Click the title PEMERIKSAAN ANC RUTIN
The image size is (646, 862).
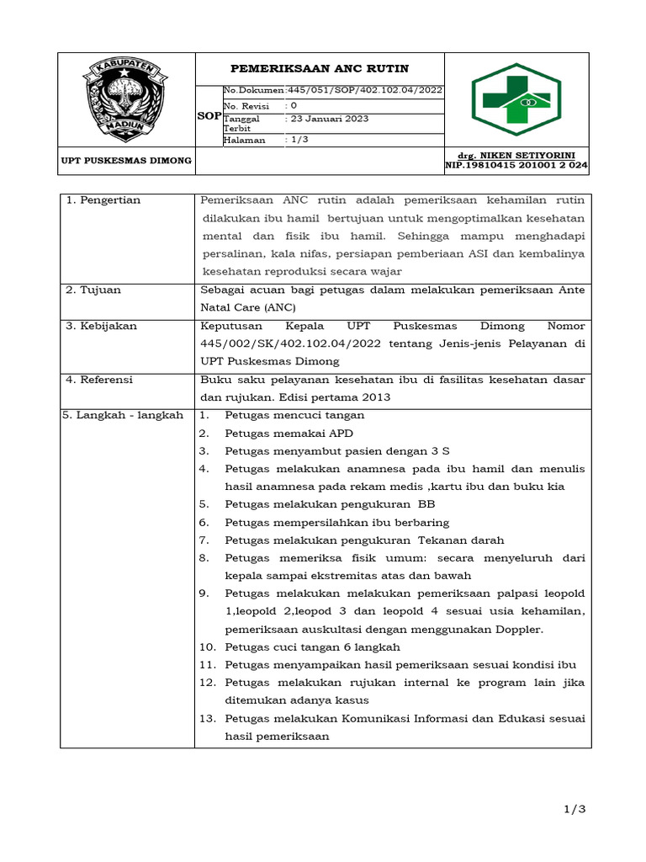[320, 69]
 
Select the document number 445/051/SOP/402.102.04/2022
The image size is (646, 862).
[365, 91]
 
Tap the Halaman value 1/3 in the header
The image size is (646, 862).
[299, 140]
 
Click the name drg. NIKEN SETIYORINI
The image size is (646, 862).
[516, 156]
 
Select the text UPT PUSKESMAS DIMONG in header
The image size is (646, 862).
[126, 160]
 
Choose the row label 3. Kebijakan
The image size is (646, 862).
[102, 326]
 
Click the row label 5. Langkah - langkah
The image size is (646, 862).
[124, 416]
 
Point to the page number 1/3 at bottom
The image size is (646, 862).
[575, 809]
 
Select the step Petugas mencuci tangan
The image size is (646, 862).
[294, 416]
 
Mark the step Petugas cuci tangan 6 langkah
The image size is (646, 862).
[312, 647]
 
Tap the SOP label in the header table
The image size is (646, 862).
[209, 115]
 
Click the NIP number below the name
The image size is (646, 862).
[516, 167]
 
